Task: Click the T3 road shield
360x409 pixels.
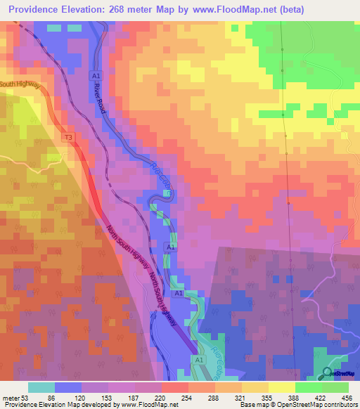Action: click(68, 137)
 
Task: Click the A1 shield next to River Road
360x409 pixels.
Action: click(95, 74)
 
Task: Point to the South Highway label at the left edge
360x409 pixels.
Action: click(20, 85)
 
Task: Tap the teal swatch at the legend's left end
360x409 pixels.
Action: click(41, 387)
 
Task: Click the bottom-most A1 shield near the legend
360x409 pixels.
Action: click(199, 361)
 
